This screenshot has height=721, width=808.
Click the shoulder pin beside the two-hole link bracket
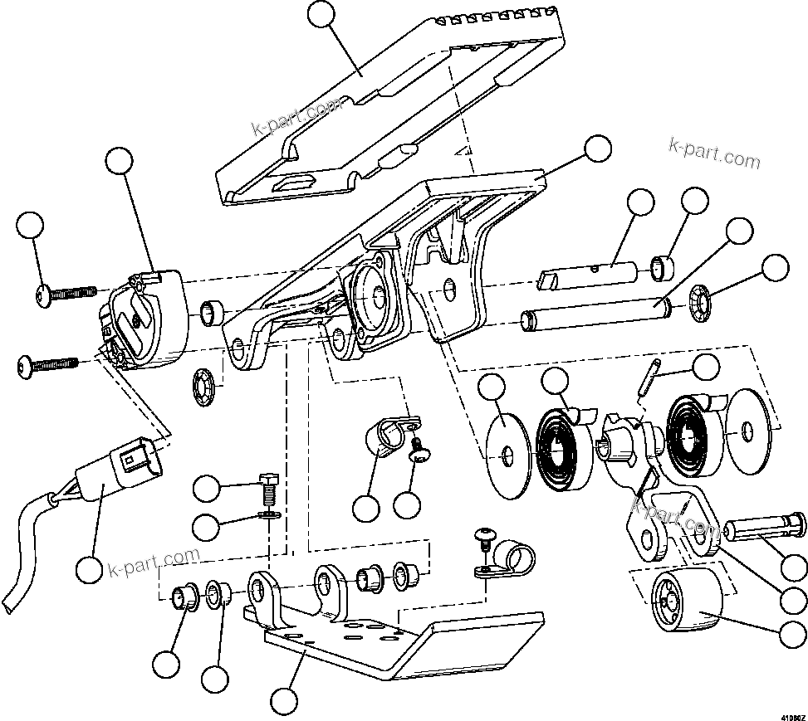pyautogui.click(x=764, y=527)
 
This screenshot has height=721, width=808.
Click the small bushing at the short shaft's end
pyautogui.click(x=661, y=267)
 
